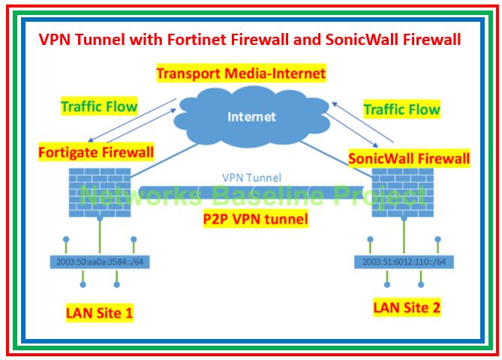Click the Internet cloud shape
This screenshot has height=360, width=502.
coord(251,131)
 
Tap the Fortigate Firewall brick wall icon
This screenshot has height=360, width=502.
coord(99,193)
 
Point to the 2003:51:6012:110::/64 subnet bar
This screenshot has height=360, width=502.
coord(404,262)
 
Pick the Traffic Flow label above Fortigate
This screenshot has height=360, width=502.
coord(100,106)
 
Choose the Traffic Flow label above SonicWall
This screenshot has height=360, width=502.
coord(401,109)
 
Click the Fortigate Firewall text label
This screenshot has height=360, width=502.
coord(95,153)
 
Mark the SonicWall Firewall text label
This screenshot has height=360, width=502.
coord(410,158)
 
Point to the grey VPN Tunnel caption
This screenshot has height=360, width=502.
coord(251,178)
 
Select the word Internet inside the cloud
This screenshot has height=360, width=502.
coord(251,116)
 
